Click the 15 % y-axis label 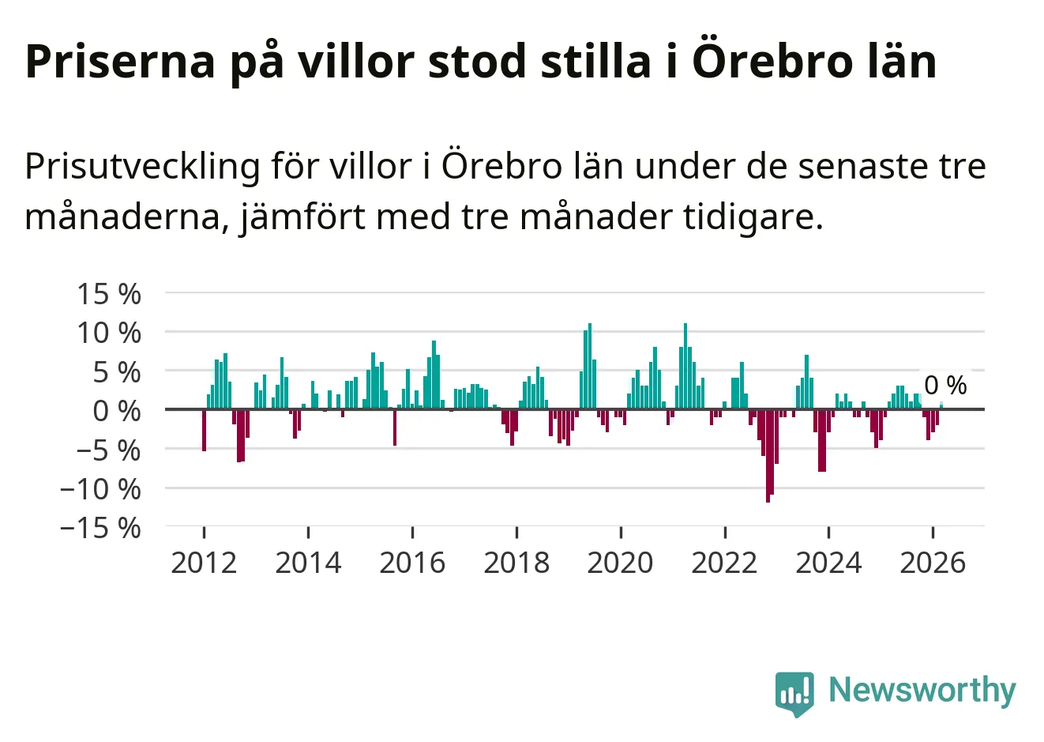point(109,294)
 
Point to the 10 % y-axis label point(109,333)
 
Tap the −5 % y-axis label point(109,451)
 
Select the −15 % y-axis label point(100,529)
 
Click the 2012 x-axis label point(204,563)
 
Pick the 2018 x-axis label point(516,563)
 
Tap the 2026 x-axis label point(933,563)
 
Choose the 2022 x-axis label point(724,563)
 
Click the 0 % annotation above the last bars point(945,386)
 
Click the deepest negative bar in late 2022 point(768,456)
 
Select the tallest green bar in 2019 point(590,366)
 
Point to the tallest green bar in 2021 point(685,366)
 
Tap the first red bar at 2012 point(204,430)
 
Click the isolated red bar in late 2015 point(395,427)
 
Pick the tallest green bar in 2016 point(434,375)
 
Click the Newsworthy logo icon point(794,694)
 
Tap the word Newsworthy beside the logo point(922,690)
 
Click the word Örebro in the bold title point(772,61)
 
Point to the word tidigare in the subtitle point(753,218)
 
